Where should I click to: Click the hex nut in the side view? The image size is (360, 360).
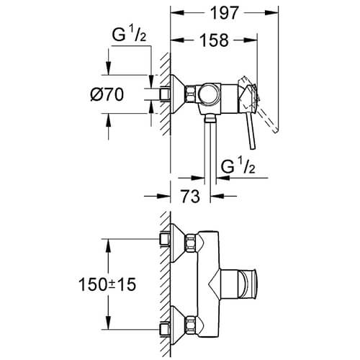(x=190, y=93)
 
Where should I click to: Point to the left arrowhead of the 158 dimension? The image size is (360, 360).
(x=174, y=41)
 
